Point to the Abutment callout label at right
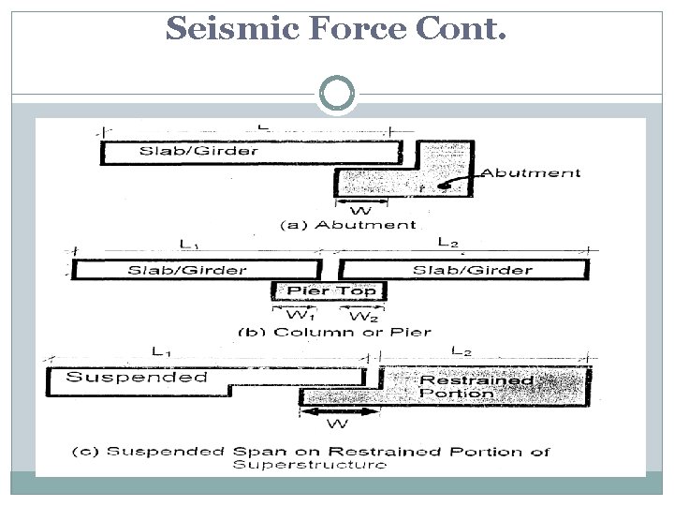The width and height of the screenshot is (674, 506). pyautogui.click(x=530, y=172)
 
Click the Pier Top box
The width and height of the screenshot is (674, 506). pyautogui.click(x=329, y=290)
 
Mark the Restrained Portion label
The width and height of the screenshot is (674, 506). pyautogui.click(x=476, y=386)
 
